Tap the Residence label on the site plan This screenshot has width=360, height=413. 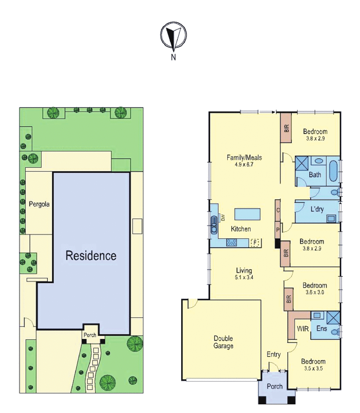pos(91,255)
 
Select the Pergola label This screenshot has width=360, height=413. pos(39,204)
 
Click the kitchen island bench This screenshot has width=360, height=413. pos(248,214)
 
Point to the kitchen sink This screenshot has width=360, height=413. pos(214,225)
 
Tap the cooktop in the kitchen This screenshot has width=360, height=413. pos(231,242)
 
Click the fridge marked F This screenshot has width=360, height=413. pos(255,243)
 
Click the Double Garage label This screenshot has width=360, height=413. pos(223,342)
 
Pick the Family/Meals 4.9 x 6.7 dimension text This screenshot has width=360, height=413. pos(244,165)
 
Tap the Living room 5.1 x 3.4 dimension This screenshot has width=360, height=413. pos(244,277)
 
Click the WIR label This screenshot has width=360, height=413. pos(303,329)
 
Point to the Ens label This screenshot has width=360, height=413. pos(321,328)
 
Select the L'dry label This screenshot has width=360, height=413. pos(317,209)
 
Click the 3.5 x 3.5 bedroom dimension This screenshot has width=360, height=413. pos(314,368)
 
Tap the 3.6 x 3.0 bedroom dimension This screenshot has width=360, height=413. pos(315,292)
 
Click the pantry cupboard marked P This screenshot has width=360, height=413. pos(278,230)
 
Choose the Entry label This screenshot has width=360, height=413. pos(274,354)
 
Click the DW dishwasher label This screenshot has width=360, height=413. pos(223,218)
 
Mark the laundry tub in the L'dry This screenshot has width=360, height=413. pos(331,219)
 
